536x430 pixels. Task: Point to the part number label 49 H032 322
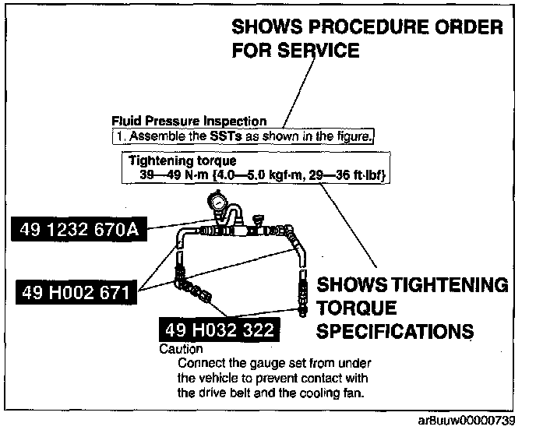click(218, 330)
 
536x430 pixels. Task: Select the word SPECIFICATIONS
click(395, 330)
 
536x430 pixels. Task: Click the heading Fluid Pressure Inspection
click(189, 122)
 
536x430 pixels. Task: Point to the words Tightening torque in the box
click(171, 161)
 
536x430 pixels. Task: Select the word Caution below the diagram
click(181, 350)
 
